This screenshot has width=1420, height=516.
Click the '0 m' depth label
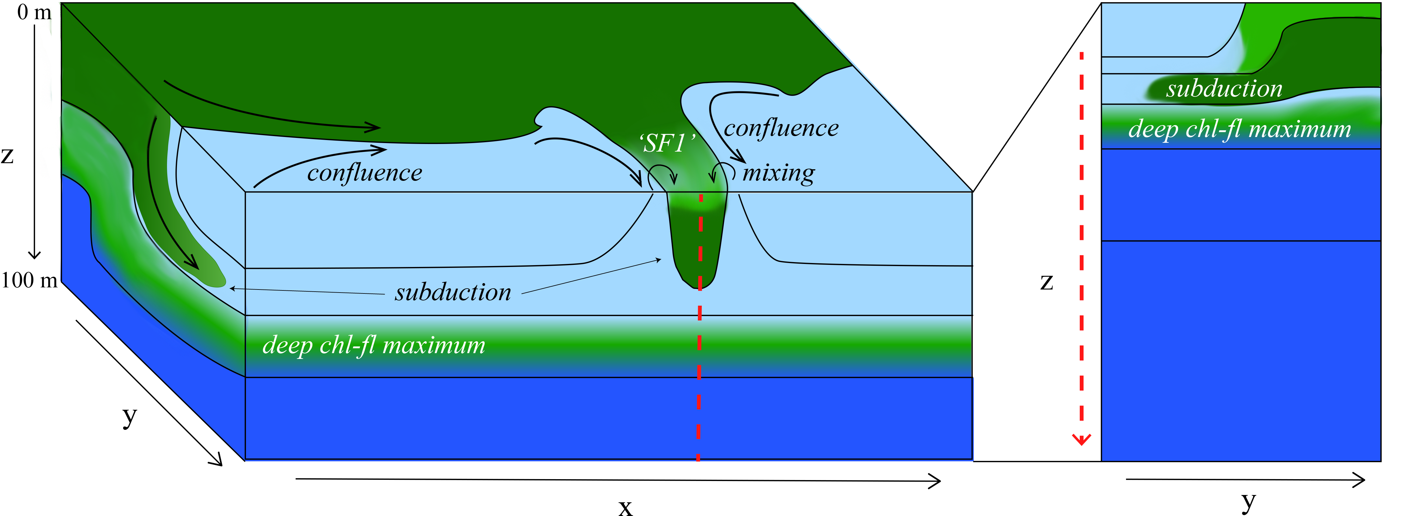33,12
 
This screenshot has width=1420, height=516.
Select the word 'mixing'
778,173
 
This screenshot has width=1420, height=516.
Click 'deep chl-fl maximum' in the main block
374,346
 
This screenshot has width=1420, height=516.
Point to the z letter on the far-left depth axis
7,156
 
